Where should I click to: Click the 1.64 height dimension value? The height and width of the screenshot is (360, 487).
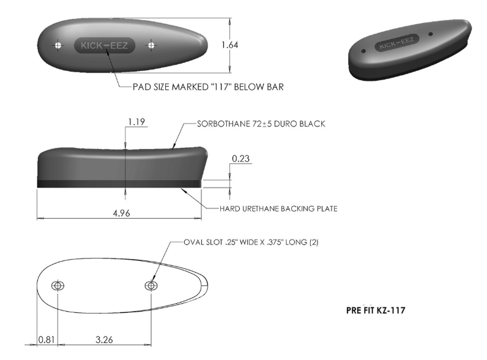[229, 45]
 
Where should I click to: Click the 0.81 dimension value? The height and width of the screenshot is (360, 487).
[46, 339]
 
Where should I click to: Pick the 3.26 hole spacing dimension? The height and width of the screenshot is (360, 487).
[104, 339]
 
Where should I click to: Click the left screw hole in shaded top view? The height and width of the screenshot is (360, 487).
[58, 45]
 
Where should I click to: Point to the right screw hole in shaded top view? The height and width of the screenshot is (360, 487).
[151, 45]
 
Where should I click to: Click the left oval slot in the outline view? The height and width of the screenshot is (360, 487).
[58, 286]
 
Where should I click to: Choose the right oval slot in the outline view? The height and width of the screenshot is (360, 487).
[151, 286]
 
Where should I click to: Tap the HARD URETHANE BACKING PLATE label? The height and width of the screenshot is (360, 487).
[278, 208]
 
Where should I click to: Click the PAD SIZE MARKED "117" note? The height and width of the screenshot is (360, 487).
[208, 87]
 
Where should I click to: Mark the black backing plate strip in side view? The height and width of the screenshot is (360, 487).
[119, 183]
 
